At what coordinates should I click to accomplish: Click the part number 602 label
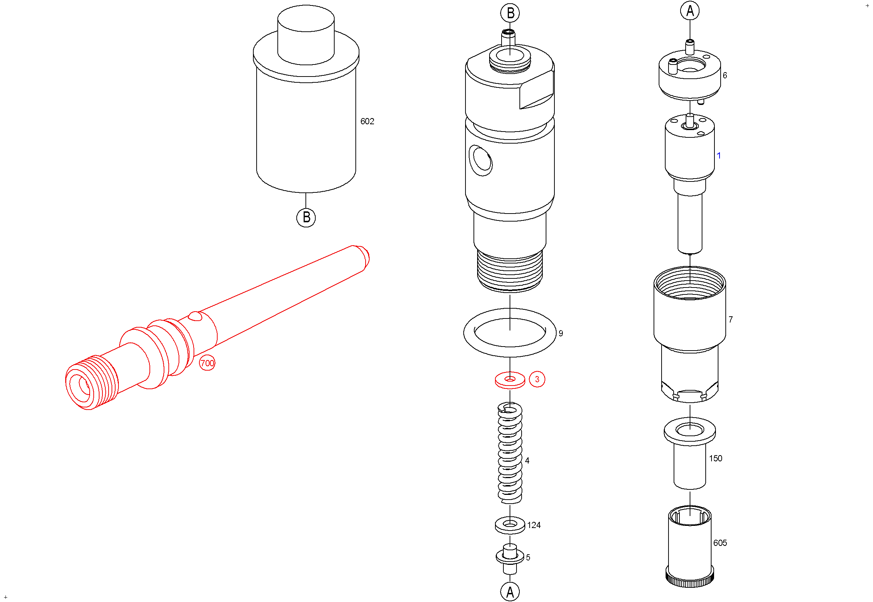(x=367, y=121)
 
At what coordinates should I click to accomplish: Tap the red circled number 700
(x=207, y=363)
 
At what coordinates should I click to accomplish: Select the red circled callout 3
(x=537, y=379)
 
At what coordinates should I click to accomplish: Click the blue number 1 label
(x=719, y=155)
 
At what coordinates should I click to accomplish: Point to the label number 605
(x=720, y=543)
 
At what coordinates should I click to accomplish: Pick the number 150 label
(x=716, y=458)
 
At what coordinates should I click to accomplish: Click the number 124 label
(x=534, y=525)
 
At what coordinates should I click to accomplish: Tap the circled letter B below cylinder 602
(x=306, y=218)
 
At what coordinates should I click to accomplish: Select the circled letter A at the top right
(x=690, y=11)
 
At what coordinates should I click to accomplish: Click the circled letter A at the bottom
(x=510, y=592)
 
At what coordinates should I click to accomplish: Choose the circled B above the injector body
(x=510, y=13)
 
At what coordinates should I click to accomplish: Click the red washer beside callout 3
(x=510, y=380)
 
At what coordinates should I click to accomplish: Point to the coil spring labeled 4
(x=510, y=453)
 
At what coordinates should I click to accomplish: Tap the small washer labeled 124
(x=510, y=525)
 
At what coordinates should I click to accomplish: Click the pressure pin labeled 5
(x=510, y=559)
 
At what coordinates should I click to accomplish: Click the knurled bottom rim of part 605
(x=690, y=580)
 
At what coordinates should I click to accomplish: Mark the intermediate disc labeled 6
(x=690, y=77)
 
